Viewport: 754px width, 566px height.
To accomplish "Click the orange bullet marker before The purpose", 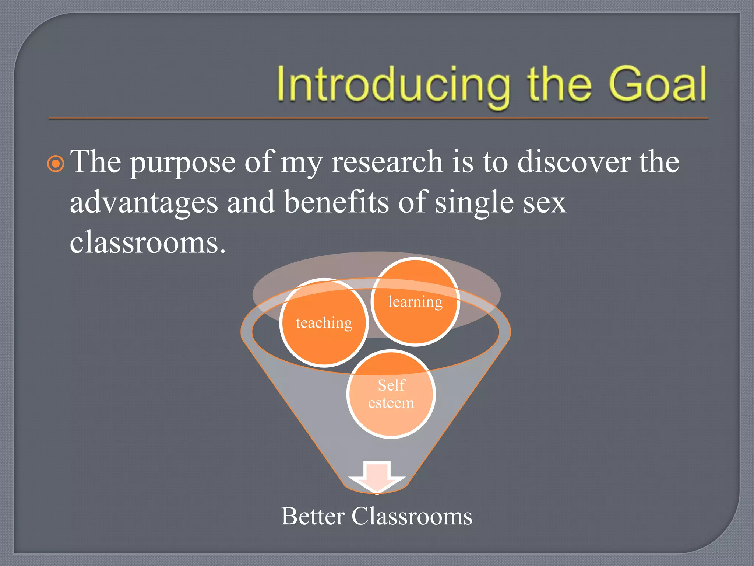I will point(56,164).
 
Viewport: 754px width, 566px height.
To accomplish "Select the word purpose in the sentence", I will point(183,163).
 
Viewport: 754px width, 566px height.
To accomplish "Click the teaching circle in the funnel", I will point(324,323).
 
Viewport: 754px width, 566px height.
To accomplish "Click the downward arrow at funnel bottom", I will point(377,476).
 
